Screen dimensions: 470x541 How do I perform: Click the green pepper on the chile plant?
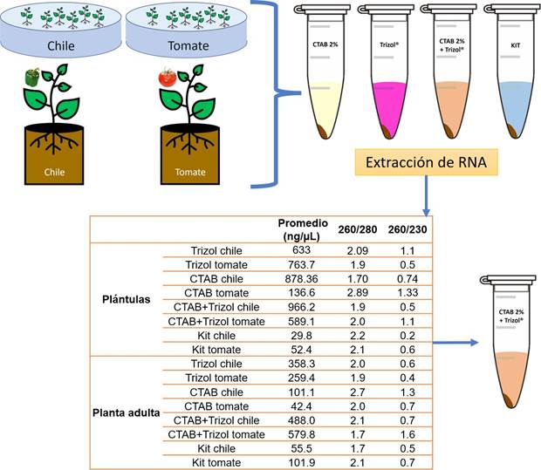click(x=32, y=78)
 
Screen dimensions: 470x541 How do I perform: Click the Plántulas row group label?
click(x=127, y=298)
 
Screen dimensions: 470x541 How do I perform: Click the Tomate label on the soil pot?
click(x=189, y=172)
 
